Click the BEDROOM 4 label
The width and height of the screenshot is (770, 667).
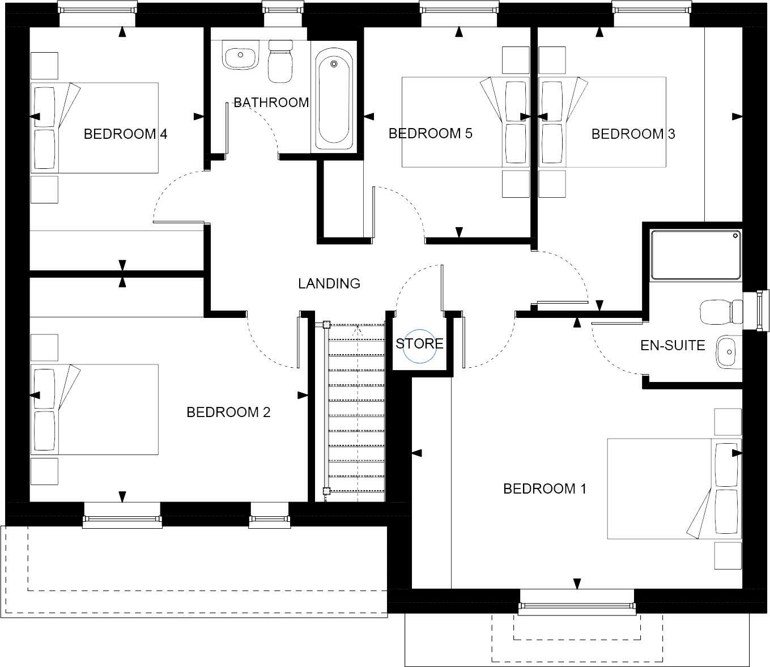[125, 134]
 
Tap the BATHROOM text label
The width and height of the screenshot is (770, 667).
[271, 103]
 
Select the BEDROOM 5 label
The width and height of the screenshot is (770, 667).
[430, 134]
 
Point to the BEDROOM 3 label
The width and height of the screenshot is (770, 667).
[633, 134]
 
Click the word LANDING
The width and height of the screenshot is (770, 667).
[329, 283]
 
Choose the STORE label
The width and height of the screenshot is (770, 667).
[419, 344]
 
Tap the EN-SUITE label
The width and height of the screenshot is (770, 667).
[673, 345]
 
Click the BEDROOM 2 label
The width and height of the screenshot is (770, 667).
[228, 412]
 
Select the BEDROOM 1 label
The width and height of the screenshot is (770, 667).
[544, 488]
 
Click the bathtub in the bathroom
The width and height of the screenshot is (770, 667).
[334, 100]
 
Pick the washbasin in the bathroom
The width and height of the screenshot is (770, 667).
[240, 56]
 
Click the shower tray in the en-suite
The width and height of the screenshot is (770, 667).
[696, 254]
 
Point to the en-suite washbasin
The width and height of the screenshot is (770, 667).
[728, 352]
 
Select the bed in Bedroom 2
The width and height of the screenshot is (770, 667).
[95, 409]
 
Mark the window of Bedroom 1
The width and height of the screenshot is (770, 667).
[577, 608]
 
